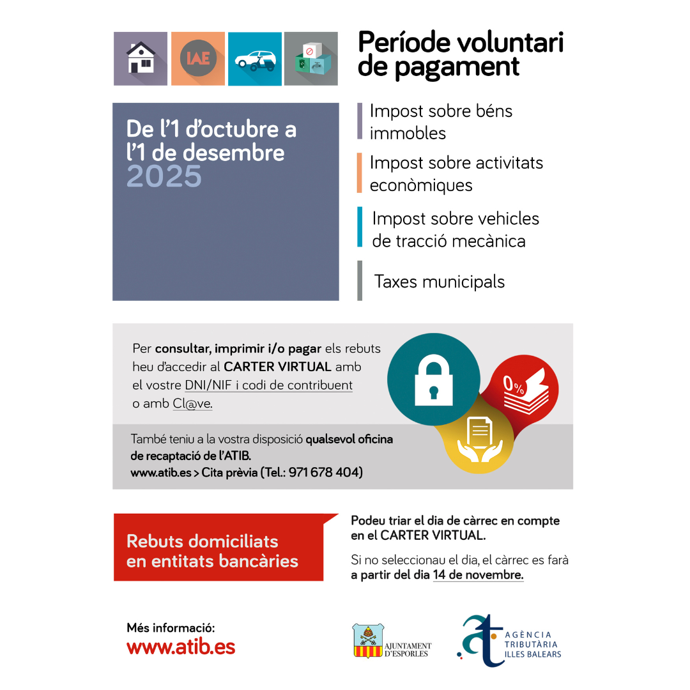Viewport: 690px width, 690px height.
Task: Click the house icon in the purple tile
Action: point(141,58)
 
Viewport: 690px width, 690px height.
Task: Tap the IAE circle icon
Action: point(198,59)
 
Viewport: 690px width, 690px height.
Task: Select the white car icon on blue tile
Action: point(255,59)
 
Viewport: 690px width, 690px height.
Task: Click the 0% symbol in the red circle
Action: point(513,385)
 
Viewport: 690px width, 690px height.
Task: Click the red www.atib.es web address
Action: point(181,647)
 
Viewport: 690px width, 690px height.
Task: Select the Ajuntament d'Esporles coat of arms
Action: point(367,641)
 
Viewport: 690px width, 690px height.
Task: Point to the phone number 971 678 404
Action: point(325,473)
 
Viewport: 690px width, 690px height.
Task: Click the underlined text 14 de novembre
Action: point(478,575)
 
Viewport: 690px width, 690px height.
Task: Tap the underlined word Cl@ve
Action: point(192,404)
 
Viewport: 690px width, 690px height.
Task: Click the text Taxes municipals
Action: point(440,282)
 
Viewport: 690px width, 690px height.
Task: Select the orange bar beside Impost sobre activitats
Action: point(360,173)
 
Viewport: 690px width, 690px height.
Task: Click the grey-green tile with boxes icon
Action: point(311,59)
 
